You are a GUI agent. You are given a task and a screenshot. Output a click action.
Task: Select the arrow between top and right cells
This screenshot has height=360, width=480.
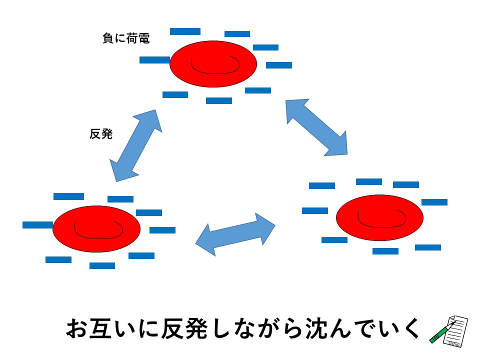pyautogui.click(x=316, y=127)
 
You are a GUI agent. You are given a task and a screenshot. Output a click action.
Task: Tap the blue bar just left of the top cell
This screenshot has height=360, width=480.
pyautogui.click(x=154, y=60)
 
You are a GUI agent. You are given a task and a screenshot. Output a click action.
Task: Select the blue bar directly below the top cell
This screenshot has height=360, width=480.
pyautogui.click(x=219, y=100)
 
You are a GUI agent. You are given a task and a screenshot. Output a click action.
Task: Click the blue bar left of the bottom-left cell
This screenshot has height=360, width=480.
pyautogui.click(x=37, y=225)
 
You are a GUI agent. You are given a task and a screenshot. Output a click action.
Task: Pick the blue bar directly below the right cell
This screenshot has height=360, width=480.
pyautogui.click(x=385, y=251)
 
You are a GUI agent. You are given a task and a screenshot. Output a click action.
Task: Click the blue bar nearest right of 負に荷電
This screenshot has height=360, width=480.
pyautogui.click(x=185, y=31)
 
